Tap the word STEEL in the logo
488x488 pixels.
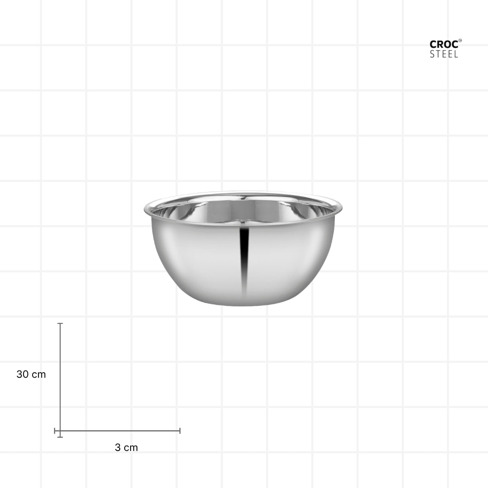(x=444, y=54)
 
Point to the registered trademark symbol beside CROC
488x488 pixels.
(x=460, y=41)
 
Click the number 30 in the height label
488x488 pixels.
(x=23, y=374)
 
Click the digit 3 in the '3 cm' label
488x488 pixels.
(x=117, y=447)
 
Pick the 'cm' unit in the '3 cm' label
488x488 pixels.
(x=131, y=448)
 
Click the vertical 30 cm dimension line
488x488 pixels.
(x=60, y=380)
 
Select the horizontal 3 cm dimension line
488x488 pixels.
(x=117, y=431)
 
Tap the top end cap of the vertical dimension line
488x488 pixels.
(x=60, y=324)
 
